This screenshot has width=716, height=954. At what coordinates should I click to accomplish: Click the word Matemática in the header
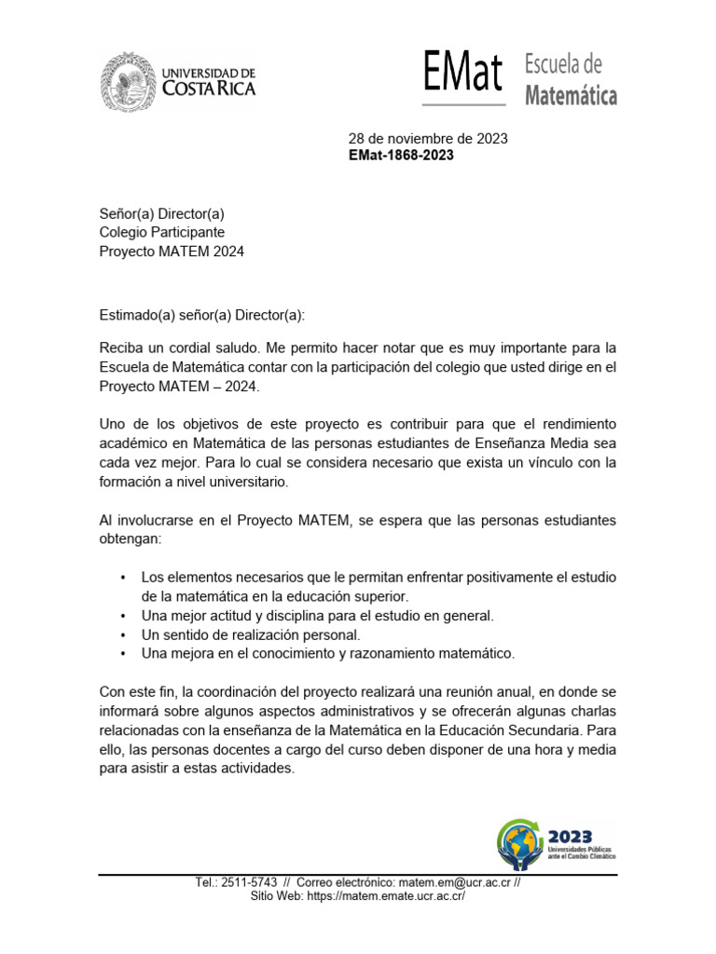571,95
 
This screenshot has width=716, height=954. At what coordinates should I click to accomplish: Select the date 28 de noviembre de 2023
428,139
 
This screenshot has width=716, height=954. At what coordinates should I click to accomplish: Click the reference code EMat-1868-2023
401,156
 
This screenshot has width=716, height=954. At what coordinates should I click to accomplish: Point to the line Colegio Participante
162,232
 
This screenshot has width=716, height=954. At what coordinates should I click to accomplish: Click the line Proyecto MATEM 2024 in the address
172,251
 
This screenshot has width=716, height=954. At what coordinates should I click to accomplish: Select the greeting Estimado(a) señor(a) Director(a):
202,315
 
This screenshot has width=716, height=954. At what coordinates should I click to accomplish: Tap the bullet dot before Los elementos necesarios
123,579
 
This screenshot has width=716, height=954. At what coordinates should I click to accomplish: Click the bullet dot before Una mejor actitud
123,617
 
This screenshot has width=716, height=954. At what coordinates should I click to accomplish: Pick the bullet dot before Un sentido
123,635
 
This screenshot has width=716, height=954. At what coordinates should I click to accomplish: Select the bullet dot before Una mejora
123,654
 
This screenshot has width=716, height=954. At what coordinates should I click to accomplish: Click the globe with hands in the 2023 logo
519,843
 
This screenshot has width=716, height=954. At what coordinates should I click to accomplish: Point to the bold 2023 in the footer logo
570,836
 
